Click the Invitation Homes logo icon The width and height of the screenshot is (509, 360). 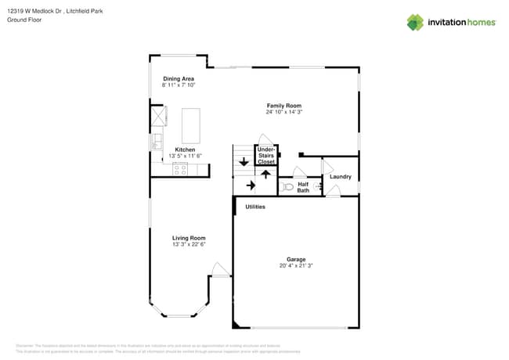coord(415,22)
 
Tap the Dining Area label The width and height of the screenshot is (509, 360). coord(179,78)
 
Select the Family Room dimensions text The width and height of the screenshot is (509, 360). coord(283,112)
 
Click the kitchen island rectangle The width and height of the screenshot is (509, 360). coord(191,125)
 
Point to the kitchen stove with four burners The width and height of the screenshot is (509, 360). coord(180,168)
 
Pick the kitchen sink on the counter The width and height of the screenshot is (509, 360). coord(157,142)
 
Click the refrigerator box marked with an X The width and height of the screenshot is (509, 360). coord(159,116)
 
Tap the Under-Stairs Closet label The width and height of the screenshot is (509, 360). coord(266,156)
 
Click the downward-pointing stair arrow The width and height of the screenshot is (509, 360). coord(244,163)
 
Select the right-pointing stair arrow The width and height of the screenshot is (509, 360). coord(250,185)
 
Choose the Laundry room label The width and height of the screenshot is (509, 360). coord(341,177)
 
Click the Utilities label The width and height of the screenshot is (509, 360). coord(255,207)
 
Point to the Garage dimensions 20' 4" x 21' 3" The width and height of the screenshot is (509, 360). coord(296,265)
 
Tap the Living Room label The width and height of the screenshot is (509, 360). coord(189,238)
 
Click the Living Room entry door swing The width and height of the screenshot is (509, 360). coord(219,270)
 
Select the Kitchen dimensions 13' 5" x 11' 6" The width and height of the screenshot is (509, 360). coord(185,156)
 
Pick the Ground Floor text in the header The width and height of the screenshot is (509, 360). coord(23,20)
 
